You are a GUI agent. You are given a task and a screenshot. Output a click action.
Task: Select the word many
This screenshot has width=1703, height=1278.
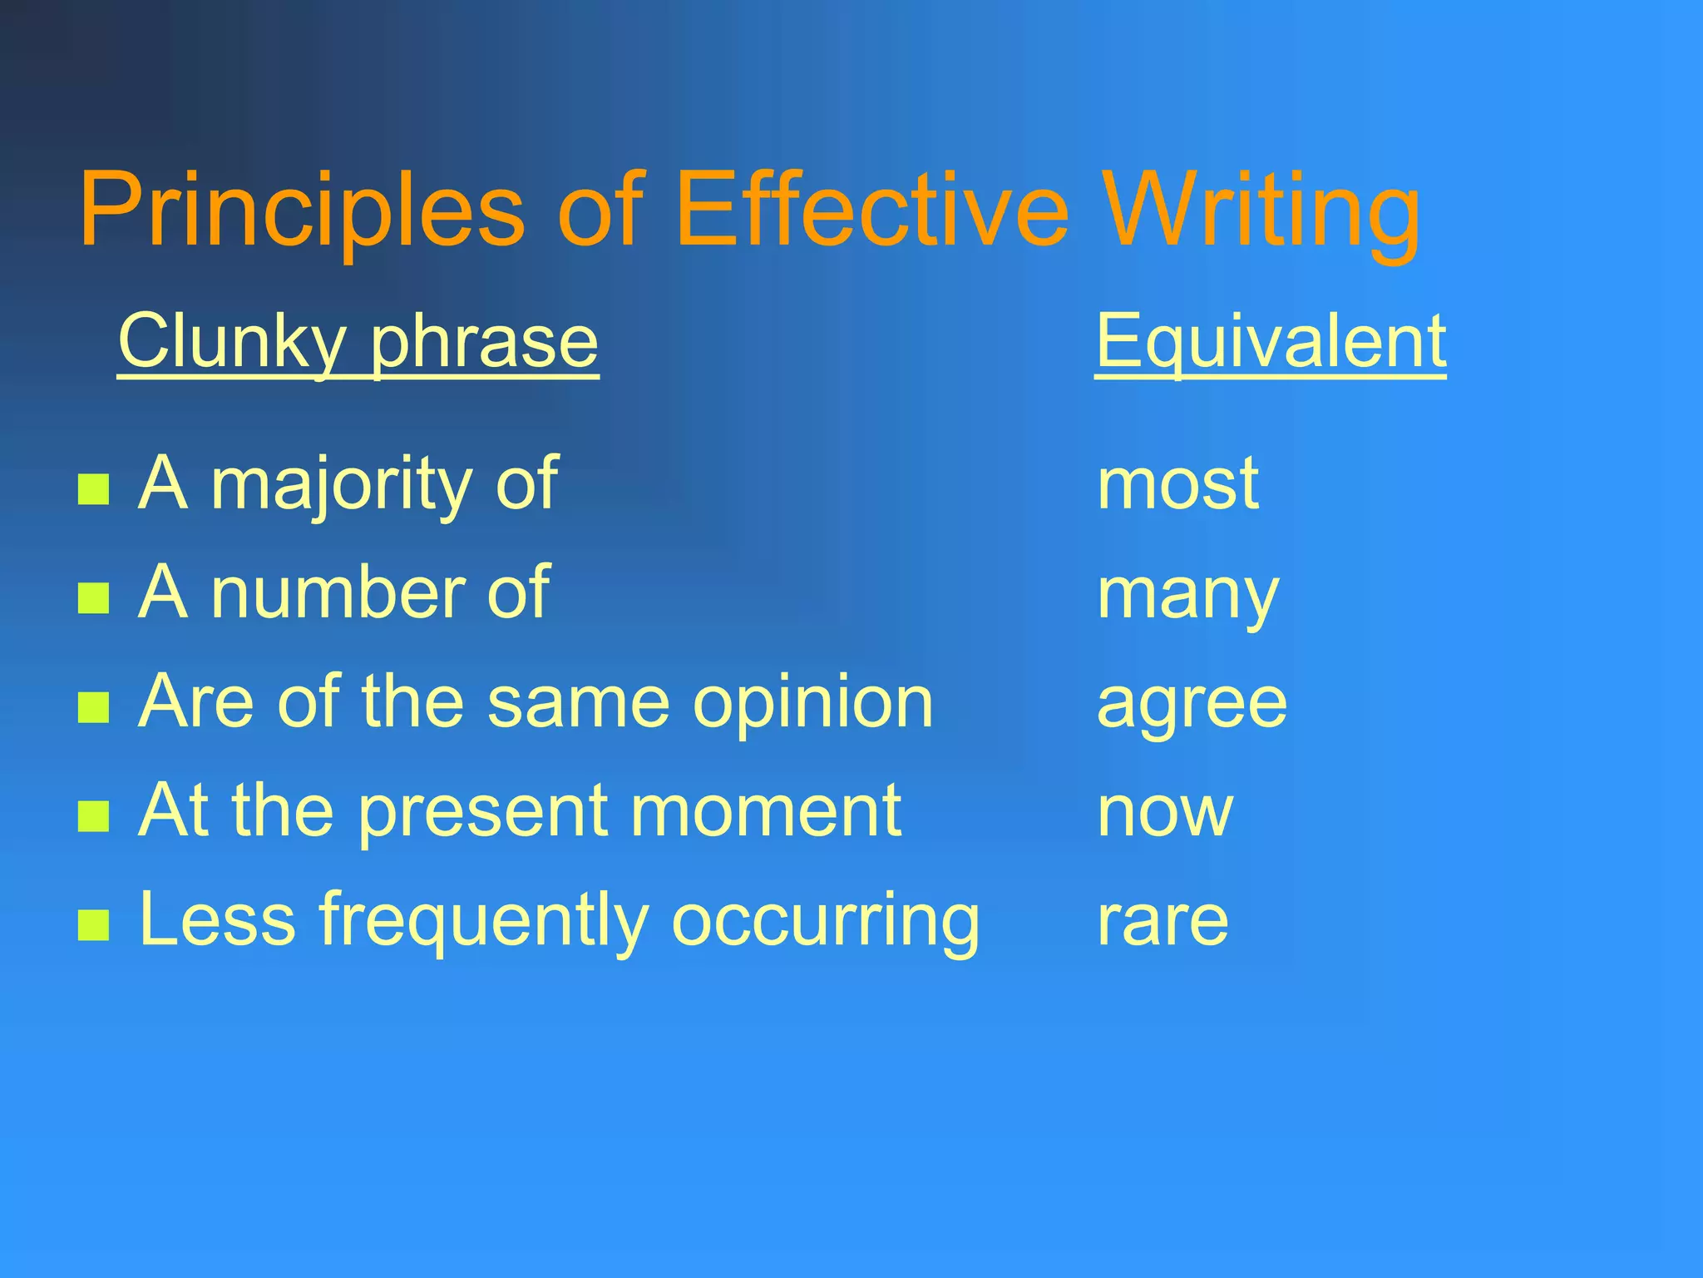pyautogui.click(x=1187, y=595)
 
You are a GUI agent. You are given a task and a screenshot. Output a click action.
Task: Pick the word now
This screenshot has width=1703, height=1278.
pyautogui.click(x=1165, y=812)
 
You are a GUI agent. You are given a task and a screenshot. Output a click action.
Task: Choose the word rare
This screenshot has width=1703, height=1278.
pyautogui.click(x=1162, y=921)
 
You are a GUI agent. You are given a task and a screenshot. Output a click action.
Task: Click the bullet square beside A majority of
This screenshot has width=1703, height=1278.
pyautogui.click(x=93, y=489)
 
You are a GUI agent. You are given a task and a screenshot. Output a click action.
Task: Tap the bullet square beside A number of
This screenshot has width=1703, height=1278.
pyautogui.click(x=93, y=597)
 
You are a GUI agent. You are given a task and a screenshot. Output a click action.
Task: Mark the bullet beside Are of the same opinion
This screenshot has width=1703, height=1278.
pyautogui.click(x=93, y=707)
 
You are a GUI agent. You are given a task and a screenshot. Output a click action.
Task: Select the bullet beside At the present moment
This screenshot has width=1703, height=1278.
pyautogui.click(x=93, y=816)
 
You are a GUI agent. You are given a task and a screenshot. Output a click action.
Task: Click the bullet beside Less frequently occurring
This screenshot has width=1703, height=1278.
pyautogui.click(x=93, y=924)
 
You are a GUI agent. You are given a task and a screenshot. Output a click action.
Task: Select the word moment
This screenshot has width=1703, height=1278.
pyautogui.click(x=766, y=811)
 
